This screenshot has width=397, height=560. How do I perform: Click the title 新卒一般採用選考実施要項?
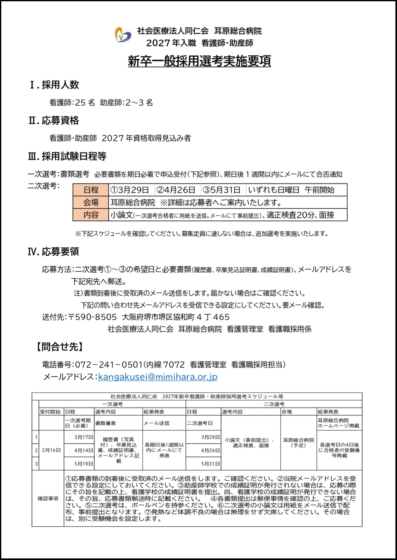point(199,61)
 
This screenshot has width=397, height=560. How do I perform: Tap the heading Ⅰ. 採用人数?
point(54,85)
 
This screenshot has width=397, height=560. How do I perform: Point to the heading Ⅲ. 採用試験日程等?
point(67,156)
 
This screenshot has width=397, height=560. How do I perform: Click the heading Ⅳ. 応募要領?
point(53,252)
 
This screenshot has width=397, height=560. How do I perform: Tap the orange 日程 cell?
point(91,190)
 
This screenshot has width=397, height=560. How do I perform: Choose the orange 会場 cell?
point(91,202)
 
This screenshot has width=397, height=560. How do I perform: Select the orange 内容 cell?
point(91,215)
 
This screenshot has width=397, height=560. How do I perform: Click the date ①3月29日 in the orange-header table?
point(130,190)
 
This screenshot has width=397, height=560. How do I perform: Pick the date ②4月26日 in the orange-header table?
point(176,190)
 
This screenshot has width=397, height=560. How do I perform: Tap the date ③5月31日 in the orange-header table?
point(222,190)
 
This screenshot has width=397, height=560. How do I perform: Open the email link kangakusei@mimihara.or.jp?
point(158,377)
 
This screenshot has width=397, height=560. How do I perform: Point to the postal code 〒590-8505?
point(92,317)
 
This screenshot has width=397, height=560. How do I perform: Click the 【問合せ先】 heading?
point(59,347)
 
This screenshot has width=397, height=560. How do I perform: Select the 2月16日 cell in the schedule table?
point(51,450)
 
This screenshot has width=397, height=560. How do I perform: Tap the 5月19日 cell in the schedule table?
point(84,464)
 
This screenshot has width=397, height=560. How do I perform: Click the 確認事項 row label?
point(48,499)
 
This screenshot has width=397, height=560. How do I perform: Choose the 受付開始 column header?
point(50,412)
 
